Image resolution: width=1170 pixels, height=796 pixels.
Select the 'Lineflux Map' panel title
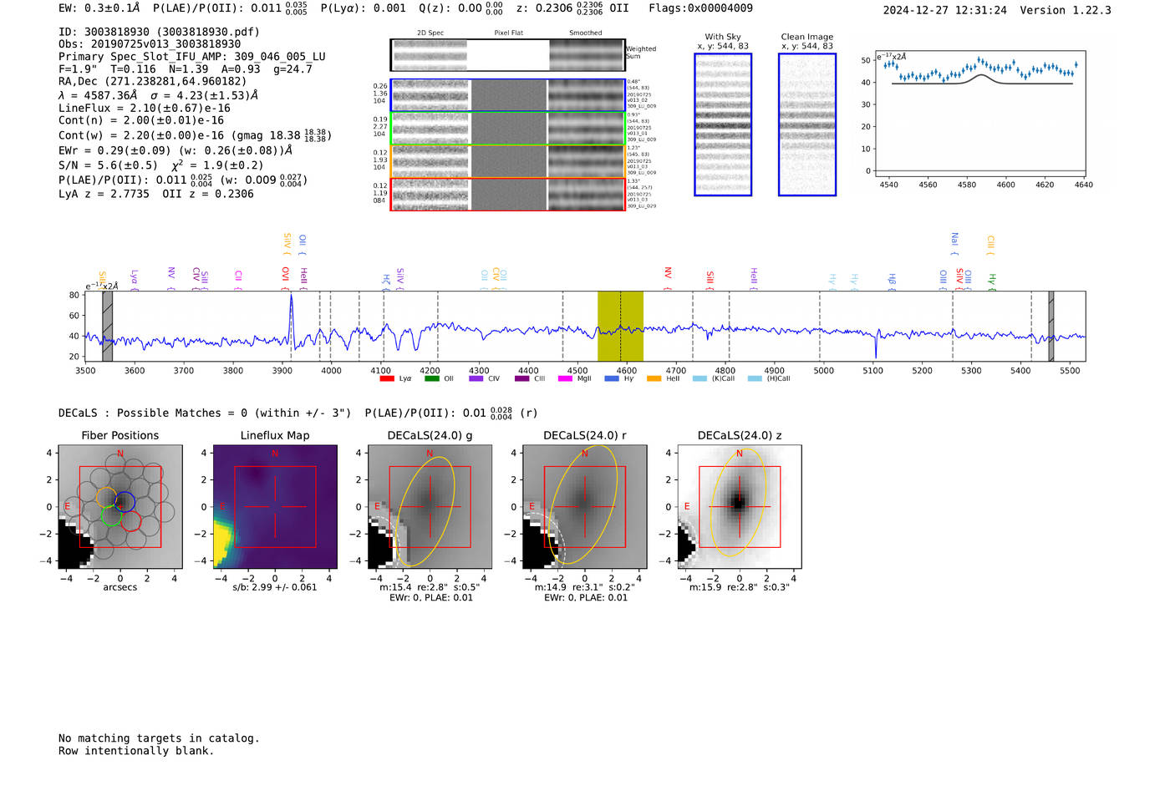click(x=274, y=435)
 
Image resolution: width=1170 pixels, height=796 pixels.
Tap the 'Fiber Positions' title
click(x=120, y=435)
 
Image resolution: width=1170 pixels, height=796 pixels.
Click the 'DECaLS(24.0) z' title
click(x=740, y=435)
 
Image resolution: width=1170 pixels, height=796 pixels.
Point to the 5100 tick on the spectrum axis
click(x=872, y=371)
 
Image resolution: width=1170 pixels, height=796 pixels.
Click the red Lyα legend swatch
click(x=387, y=379)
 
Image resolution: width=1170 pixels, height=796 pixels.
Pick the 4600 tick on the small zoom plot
click(x=1005, y=185)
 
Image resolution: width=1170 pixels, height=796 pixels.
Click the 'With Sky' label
click(x=722, y=37)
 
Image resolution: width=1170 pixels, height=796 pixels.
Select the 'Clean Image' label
click(x=806, y=37)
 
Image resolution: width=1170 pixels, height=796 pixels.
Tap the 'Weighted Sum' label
click(x=640, y=53)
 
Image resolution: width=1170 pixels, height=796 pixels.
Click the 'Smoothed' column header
click(x=585, y=33)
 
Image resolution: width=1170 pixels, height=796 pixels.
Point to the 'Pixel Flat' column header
click(x=508, y=33)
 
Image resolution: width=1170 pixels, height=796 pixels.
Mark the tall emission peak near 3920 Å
click(x=292, y=297)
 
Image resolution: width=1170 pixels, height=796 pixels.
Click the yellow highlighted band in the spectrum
click(x=620, y=326)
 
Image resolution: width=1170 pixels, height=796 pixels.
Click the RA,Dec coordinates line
click(x=153, y=82)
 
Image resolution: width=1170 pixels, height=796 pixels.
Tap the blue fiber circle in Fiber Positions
click(x=125, y=502)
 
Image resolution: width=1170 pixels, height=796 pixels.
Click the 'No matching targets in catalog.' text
click(x=159, y=738)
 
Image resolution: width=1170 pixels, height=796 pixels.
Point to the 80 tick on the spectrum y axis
click(x=74, y=296)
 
